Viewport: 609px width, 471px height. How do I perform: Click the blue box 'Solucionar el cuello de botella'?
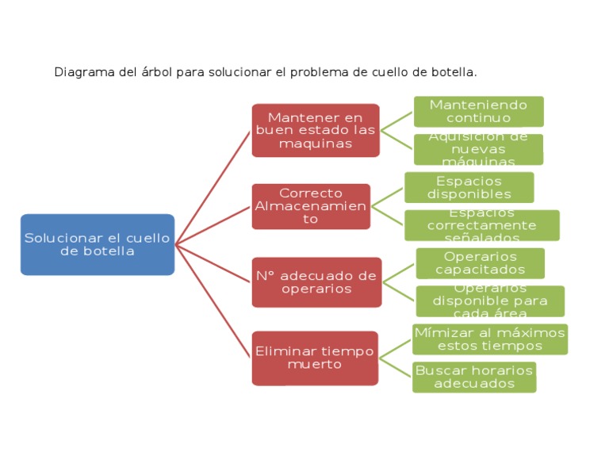coord(98,244)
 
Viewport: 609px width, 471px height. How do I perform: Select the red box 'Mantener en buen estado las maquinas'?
coord(316,130)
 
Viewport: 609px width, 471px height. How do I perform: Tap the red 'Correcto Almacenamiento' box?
coord(311,206)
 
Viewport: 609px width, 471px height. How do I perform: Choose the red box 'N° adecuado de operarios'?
coord(316,282)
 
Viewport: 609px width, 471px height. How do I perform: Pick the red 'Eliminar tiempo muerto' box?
coord(315,358)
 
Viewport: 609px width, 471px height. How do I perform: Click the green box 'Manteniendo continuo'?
coord(478,112)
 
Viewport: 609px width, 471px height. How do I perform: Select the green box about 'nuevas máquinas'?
coord(478,149)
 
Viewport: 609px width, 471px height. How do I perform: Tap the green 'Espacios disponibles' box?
coord(469,188)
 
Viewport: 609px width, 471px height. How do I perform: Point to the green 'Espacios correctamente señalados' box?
coord(481,225)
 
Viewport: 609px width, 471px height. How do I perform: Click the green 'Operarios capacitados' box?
coord(480,263)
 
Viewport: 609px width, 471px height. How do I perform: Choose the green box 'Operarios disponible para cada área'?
coord(490,301)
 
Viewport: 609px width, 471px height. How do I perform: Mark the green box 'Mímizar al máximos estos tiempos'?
coord(489,339)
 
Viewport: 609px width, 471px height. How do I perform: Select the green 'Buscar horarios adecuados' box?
coord(474,377)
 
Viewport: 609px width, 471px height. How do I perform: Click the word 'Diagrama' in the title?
coord(79,72)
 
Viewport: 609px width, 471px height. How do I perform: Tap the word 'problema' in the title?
coord(319,72)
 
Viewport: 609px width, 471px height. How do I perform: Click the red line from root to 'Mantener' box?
coord(213,187)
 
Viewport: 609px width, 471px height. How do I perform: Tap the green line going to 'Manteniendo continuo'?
coord(397,121)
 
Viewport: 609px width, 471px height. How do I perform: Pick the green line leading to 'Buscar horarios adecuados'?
coord(396,367)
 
